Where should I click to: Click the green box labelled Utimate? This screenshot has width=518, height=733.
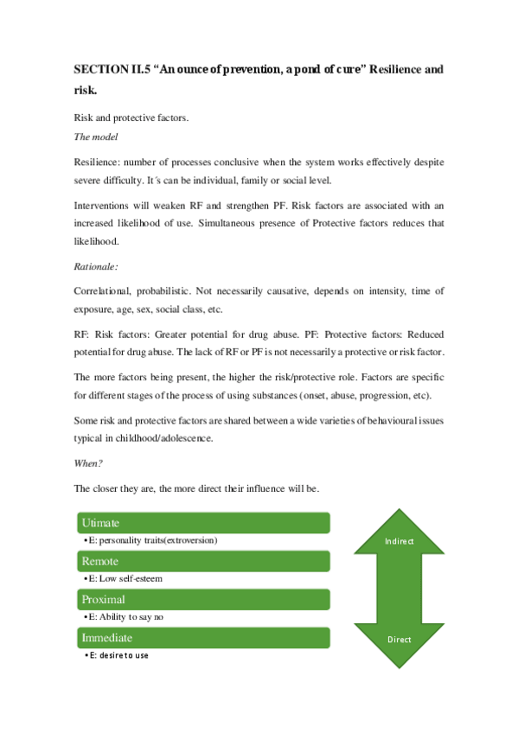click(x=202, y=523)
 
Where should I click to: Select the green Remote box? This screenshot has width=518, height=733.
click(x=202, y=561)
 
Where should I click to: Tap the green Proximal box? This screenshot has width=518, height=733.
click(x=202, y=599)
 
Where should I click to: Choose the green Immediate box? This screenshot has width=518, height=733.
click(x=202, y=638)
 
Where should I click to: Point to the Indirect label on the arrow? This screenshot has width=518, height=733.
click(x=399, y=541)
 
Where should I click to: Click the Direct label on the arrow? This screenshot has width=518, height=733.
click(x=399, y=640)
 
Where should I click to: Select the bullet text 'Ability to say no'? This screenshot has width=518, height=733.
click(x=131, y=617)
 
